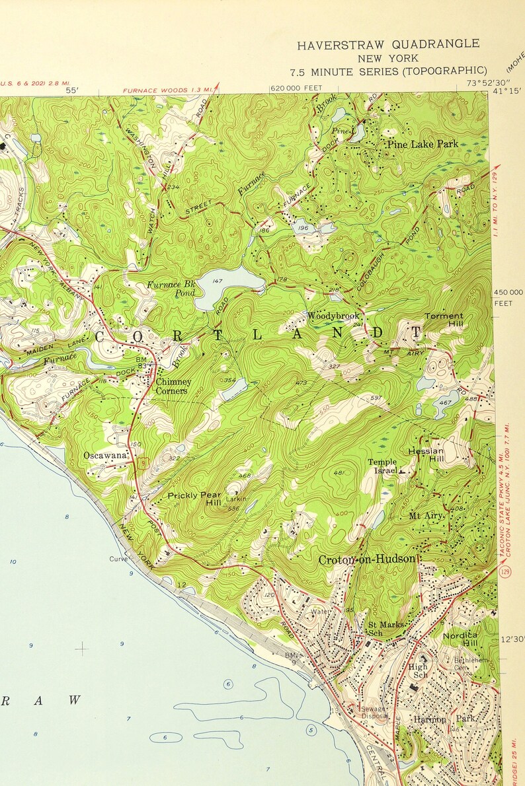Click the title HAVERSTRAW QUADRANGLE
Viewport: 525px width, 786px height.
tap(388, 45)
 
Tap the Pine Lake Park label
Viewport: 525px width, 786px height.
tap(423, 144)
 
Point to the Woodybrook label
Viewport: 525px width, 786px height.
tap(333, 316)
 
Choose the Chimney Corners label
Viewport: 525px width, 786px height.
tap(173, 386)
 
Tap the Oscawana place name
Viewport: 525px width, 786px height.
tap(105, 455)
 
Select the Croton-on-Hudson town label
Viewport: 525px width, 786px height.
tap(367, 559)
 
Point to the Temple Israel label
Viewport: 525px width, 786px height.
tap(383, 466)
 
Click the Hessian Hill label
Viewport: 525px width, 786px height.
tap(426, 454)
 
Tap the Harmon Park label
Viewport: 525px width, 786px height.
tap(437, 718)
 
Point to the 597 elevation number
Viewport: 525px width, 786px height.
tap(376, 398)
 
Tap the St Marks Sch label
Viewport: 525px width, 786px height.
tap(382, 628)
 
